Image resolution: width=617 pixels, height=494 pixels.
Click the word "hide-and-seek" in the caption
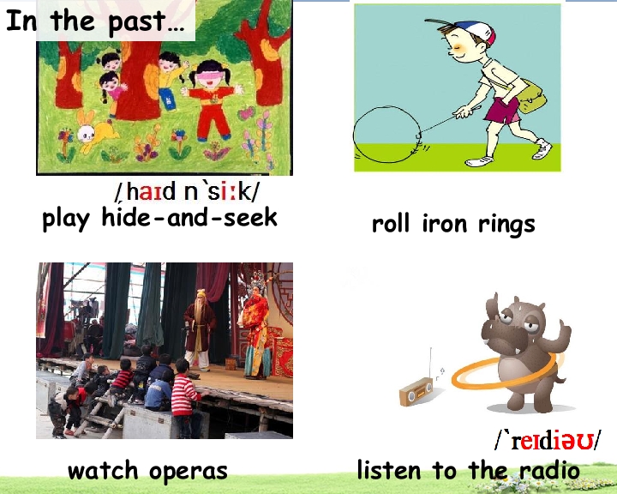point(189,218)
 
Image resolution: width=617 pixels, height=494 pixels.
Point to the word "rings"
point(504,225)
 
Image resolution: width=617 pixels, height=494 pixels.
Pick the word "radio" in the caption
point(549,470)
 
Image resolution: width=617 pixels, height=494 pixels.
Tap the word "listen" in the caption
point(390,470)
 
